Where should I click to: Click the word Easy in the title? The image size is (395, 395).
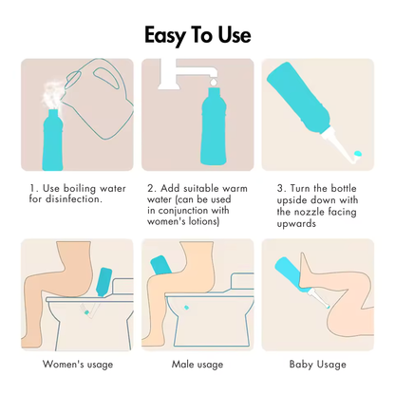point(164,35)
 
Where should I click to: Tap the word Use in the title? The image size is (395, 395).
point(235,34)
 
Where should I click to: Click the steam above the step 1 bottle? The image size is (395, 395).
point(52,96)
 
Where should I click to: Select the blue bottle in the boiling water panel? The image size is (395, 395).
point(52,140)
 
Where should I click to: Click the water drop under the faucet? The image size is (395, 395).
point(214,83)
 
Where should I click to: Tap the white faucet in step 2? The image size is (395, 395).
point(188,72)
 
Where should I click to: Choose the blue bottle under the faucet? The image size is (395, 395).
point(214,126)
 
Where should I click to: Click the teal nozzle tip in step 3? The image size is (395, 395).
point(358,154)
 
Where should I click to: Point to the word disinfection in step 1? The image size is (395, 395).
point(74,199)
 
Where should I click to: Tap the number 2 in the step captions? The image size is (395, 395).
point(151,188)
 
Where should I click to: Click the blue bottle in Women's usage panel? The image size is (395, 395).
point(103,282)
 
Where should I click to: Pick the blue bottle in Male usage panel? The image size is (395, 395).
point(160,265)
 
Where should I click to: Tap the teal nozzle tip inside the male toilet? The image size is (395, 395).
point(186,308)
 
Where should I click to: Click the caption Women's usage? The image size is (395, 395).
point(78,365)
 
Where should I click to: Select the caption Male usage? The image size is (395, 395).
point(197,365)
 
